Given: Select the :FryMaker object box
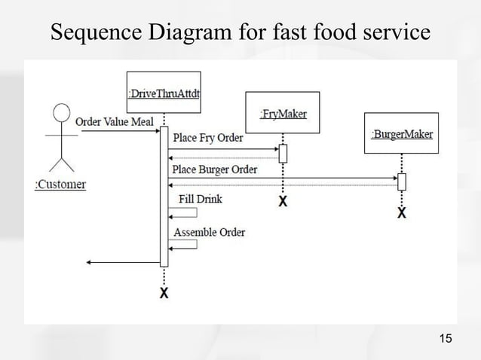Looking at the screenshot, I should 283,113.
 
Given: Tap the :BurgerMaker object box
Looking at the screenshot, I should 402,134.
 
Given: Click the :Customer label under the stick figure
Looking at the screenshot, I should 60,185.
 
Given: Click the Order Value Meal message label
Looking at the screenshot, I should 115,122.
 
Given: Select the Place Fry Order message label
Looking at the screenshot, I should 208,138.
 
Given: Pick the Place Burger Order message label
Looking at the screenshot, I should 215,169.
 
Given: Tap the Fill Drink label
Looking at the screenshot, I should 200,200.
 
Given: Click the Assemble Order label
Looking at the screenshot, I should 209,232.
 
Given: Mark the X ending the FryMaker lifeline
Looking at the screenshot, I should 283,202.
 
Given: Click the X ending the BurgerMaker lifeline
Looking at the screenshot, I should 402,213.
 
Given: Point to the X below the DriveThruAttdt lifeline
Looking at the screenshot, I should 164,293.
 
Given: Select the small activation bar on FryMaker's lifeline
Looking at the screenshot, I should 283,153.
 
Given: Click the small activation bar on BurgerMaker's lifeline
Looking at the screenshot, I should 402,182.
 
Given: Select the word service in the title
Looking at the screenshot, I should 391,32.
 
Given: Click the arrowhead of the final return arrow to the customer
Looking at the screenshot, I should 90,262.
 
